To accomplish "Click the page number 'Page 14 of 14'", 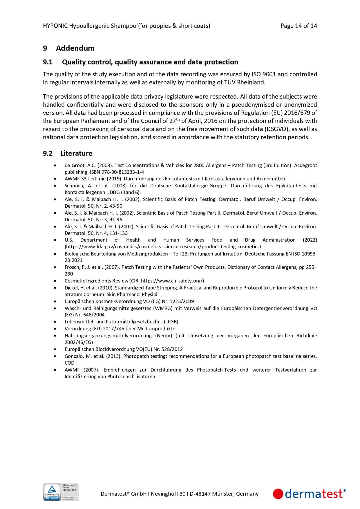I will point(299,26).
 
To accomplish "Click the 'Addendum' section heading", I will point(75,48).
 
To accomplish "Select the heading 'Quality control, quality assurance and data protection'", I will point(150,62).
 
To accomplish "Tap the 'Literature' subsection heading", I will point(76,153).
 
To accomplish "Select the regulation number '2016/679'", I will point(297,113).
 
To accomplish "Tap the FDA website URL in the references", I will point(163,247).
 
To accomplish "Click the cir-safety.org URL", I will point(172,281).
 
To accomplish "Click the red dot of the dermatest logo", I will point(278,494).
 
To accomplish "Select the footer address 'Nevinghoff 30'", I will point(168,494).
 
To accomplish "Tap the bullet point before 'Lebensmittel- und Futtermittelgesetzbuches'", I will point(55,322).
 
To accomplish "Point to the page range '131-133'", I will point(119,233).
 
